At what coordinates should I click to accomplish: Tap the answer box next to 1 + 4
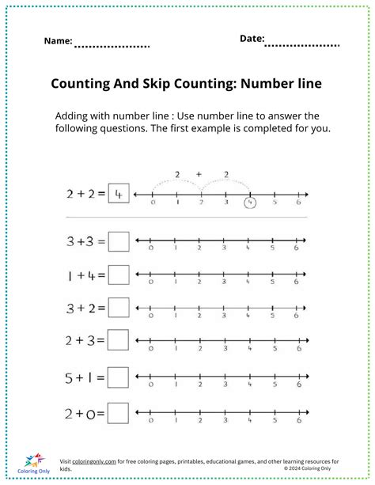119,275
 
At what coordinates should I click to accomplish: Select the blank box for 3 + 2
119,308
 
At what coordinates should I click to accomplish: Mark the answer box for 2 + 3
119,341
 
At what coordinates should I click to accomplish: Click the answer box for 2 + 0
119,412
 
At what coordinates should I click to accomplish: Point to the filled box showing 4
118,194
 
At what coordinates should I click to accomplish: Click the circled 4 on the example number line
250,203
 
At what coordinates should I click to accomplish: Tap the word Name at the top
58,40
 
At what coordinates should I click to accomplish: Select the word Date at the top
252,38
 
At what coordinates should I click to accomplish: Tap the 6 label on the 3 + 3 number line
297,248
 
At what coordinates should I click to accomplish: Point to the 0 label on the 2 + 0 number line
151,419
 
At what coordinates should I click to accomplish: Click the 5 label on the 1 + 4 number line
273,282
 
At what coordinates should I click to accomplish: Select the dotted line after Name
112,46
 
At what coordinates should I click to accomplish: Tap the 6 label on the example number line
297,203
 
